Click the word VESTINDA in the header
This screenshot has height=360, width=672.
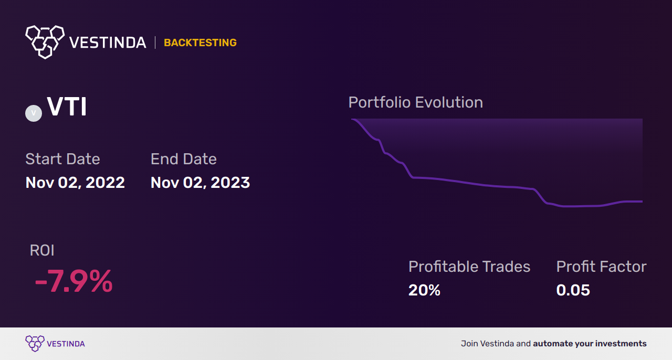[108, 43]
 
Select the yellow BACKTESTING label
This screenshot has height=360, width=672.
[200, 43]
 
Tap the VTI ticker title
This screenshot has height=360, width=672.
[67, 108]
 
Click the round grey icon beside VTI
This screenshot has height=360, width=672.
[34, 113]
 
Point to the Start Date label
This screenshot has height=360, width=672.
[62, 159]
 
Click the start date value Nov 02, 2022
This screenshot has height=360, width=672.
[75, 183]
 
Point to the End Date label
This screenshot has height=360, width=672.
[183, 159]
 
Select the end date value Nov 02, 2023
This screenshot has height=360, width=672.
[200, 183]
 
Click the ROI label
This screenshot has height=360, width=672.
[42, 250]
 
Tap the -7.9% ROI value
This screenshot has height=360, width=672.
[73, 281]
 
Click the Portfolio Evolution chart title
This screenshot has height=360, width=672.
[415, 102]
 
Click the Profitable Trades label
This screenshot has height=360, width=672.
[469, 267]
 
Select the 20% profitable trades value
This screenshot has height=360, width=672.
[424, 290]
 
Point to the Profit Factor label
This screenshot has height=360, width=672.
[601, 267]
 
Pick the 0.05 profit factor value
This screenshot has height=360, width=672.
[573, 290]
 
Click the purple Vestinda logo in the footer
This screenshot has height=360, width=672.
[35, 343]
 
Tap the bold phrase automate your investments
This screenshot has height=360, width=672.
[590, 344]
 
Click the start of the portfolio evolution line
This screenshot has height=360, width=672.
[352, 120]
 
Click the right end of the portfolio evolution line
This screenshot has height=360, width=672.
[642, 201]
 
